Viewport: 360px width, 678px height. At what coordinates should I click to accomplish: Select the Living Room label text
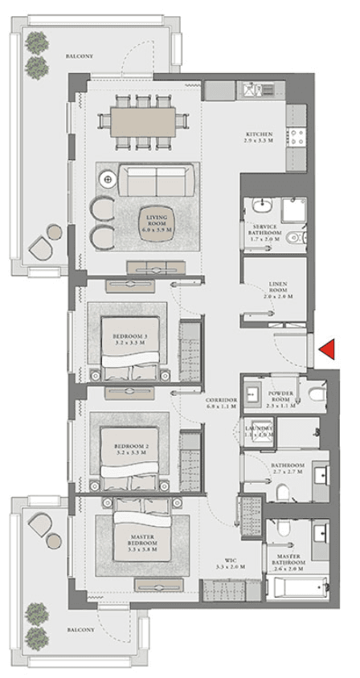tap(155, 220)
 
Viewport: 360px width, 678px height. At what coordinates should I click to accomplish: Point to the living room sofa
tap(157, 178)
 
